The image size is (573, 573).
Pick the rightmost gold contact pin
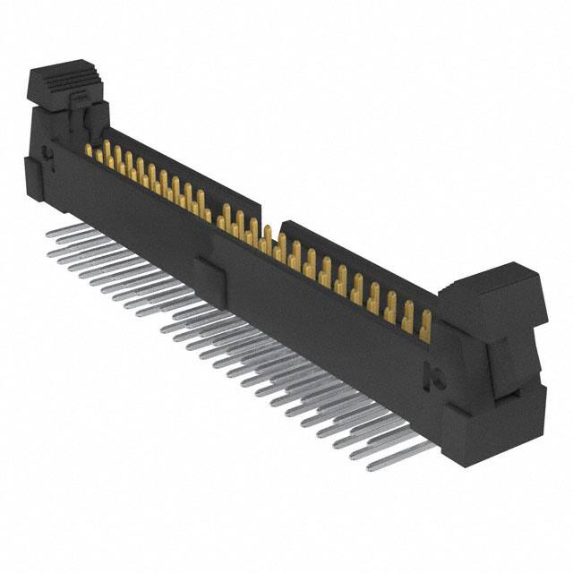click(425, 324)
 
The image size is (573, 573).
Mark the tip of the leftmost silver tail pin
click(46, 233)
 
